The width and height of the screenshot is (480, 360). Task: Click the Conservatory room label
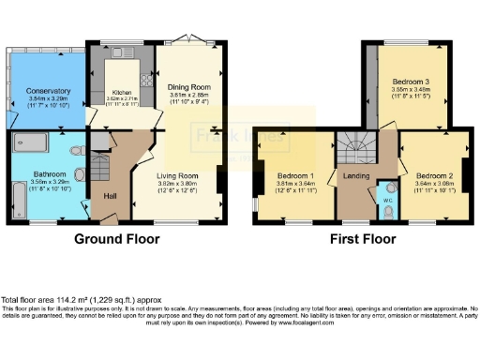coord(35,90)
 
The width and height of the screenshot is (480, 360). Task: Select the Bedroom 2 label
coord(435,175)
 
